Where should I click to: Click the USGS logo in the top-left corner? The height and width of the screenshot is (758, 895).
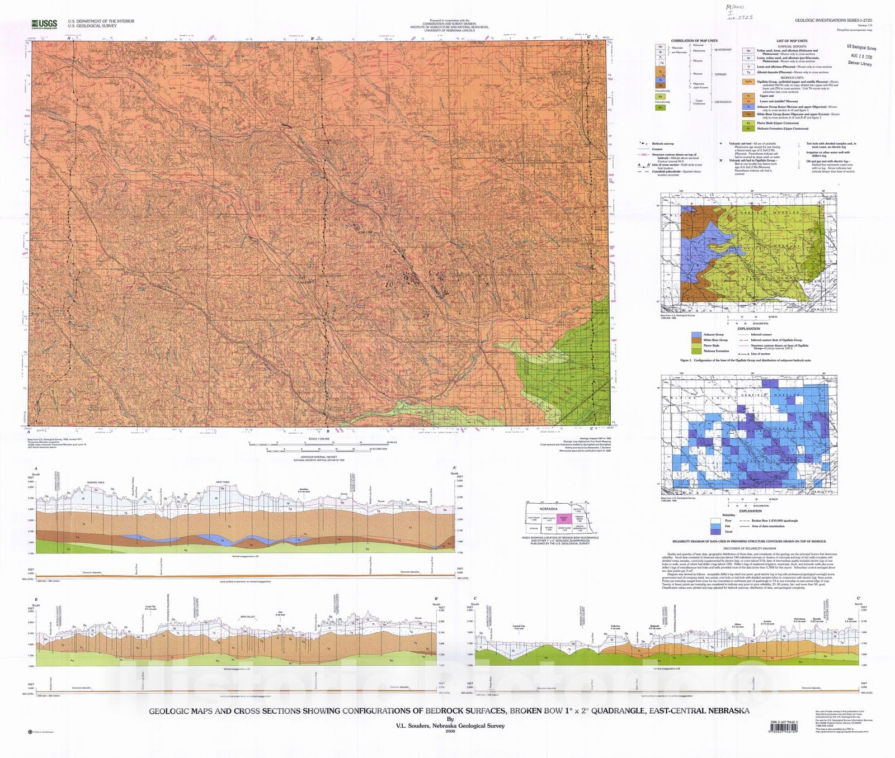44,23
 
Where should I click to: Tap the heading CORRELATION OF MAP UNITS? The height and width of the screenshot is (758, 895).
694,41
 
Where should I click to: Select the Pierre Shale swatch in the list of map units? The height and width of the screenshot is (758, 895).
748,123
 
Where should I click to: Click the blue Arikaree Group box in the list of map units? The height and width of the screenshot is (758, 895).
748,107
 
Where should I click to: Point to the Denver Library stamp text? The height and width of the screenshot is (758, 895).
860,63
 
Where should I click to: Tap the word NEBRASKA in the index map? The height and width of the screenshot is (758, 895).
548,509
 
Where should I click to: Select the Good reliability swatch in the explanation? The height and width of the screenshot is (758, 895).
715,532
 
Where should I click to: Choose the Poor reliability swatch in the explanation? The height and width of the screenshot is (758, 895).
715,520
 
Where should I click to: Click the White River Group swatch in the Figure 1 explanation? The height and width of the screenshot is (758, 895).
696,340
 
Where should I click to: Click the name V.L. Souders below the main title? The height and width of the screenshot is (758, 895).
450,726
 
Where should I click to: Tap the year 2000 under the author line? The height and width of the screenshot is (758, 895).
450,731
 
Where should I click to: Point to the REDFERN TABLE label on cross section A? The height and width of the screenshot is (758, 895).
96,482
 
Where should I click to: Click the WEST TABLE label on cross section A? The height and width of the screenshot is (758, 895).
223,482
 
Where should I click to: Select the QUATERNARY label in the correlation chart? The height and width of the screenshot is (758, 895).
723,50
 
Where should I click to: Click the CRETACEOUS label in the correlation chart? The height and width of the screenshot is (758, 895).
723,102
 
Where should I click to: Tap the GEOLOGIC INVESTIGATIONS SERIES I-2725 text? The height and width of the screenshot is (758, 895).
833,21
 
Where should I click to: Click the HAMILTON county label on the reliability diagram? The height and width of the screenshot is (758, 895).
820,492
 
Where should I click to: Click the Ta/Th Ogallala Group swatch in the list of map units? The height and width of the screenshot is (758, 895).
748,82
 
